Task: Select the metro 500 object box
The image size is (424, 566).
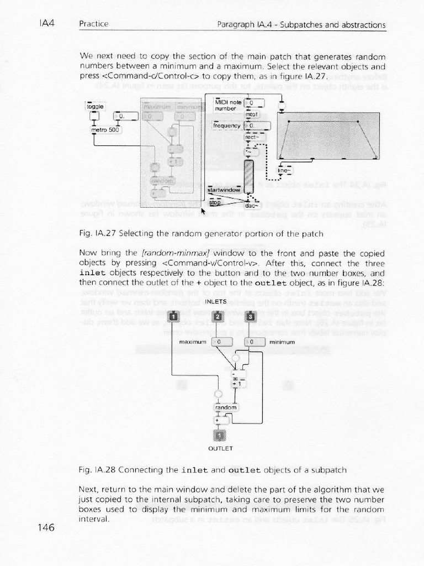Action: tap(105, 130)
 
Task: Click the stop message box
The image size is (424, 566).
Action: tap(215, 203)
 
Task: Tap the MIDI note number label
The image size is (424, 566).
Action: tap(225, 106)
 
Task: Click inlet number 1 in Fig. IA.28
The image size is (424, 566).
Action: tap(173, 316)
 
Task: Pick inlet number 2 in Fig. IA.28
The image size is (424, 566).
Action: tap(218, 316)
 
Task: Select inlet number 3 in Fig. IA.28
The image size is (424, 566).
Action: tap(250, 316)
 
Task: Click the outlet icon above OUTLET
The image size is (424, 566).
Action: tap(217, 437)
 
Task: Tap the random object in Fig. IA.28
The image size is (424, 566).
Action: tap(225, 407)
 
